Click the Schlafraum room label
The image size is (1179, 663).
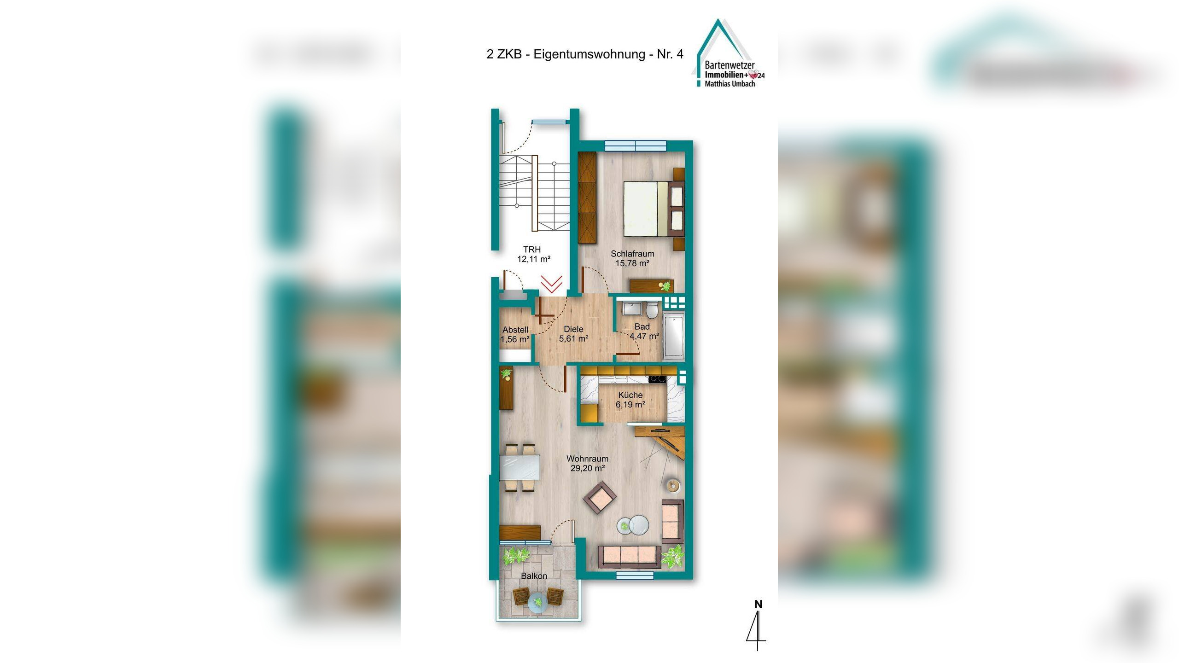[632, 254]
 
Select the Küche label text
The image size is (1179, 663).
[630, 395]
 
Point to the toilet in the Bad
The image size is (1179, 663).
[651, 311]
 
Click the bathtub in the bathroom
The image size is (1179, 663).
[674, 336]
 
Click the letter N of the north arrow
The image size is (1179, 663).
[758, 604]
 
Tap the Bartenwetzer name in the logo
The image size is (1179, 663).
[730, 66]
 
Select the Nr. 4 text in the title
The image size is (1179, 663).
[670, 54]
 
